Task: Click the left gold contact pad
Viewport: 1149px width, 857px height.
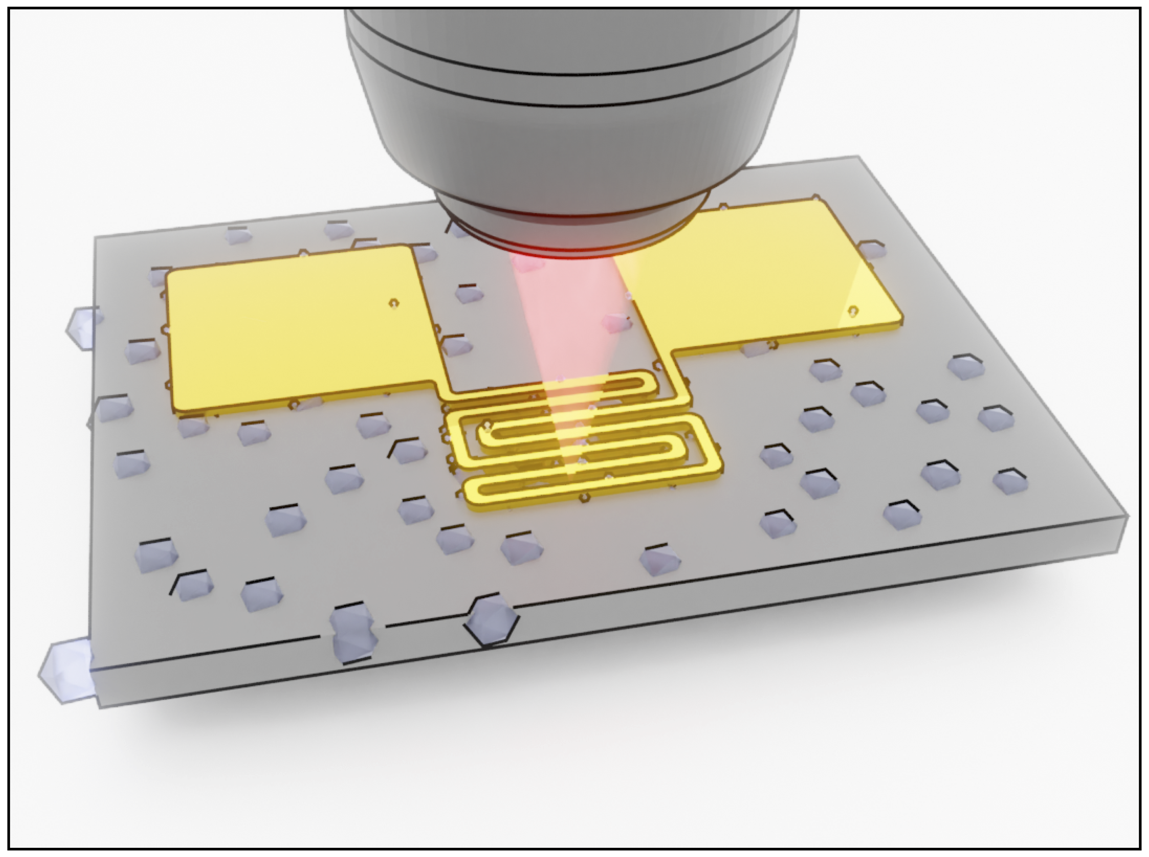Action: click(296, 332)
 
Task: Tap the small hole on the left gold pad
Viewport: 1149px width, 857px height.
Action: click(395, 302)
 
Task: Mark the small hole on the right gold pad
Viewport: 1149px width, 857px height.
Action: click(852, 311)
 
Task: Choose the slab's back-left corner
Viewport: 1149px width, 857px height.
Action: click(95, 238)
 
